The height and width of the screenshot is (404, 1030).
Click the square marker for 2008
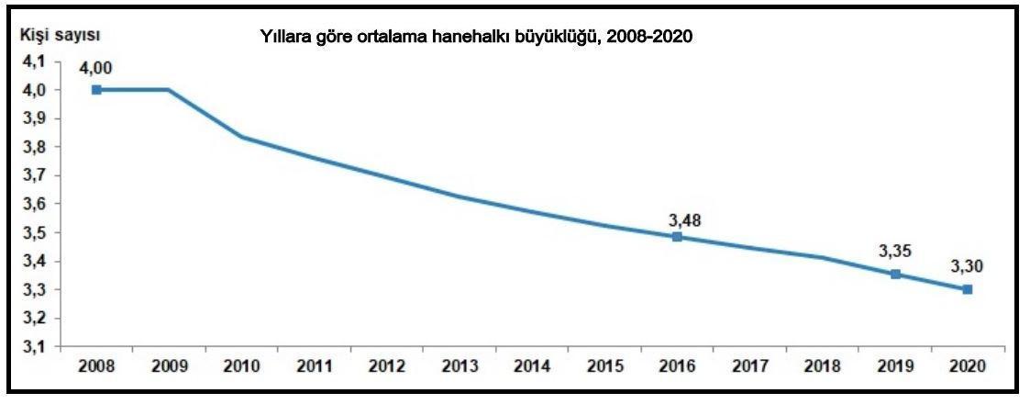pyautogui.click(x=96, y=90)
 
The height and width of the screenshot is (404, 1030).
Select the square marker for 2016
pyautogui.click(x=677, y=237)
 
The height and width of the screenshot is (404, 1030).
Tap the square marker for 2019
pyautogui.click(x=895, y=274)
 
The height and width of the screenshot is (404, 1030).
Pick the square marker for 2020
pyautogui.click(x=968, y=289)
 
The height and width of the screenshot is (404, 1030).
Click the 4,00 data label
pyautogui.click(x=96, y=66)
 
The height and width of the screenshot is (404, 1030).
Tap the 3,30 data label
pyautogui.click(x=967, y=266)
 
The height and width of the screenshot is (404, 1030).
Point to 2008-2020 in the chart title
pyautogui.click(x=656, y=38)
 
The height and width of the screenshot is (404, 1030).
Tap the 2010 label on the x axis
pyautogui.click(x=241, y=366)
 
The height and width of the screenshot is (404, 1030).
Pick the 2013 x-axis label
pyautogui.click(x=460, y=366)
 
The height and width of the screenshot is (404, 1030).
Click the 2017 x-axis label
pyautogui.click(x=749, y=366)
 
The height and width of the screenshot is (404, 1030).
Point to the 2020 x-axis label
pyautogui.click(x=968, y=366)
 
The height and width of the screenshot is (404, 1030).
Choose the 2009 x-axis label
pyautogui.click(x=169, y=366)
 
